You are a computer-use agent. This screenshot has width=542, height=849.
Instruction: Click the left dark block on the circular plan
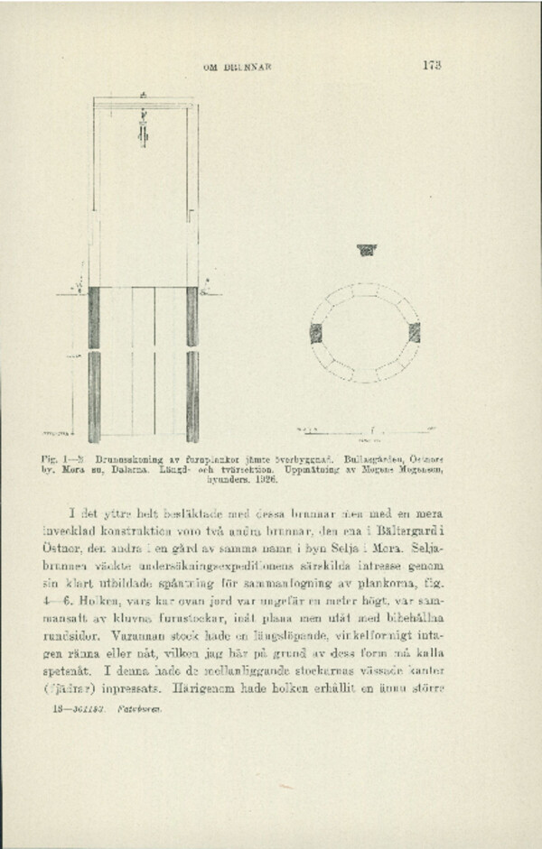(x=316, y=333)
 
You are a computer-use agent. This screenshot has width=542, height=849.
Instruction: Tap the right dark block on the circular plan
(x=414, y=332)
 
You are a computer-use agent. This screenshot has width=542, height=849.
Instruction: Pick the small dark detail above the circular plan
(x=366, y=250)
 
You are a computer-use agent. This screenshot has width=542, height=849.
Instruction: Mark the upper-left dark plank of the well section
(x=94, y=318)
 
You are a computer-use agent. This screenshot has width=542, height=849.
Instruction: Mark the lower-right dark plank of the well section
(x=192, y=396)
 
